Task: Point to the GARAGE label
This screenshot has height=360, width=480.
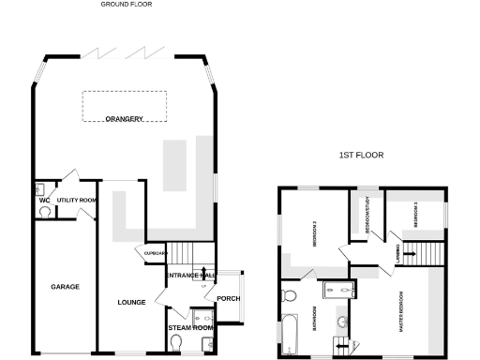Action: [x=65, y=286]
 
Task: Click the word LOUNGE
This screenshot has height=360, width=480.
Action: [x=131, y=302]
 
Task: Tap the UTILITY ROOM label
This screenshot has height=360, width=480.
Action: [x=77, y=201]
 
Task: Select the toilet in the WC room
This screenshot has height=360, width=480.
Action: [x=44, y=212]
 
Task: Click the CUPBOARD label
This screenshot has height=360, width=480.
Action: [x=154, y=254]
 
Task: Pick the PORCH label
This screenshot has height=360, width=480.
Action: [x=229, y=299]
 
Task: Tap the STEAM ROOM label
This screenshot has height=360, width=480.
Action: [x=190, y=328]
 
